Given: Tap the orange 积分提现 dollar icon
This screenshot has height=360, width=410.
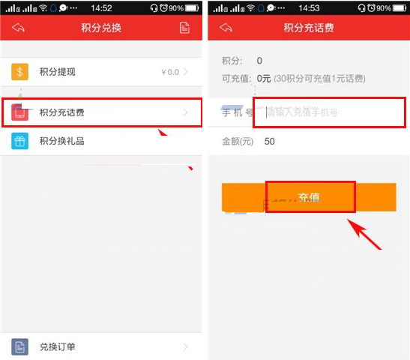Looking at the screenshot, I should coord(19,72).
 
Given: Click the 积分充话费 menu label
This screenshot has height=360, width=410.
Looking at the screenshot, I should coord(62,113).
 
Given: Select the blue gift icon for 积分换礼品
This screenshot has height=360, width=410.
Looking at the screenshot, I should coord(19,141).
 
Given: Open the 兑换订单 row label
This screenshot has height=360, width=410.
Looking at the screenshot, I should coord(58,346).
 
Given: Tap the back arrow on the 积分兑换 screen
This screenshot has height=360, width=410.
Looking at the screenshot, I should coord(18,28).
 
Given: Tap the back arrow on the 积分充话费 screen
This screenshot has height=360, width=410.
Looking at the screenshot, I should coord(226,28).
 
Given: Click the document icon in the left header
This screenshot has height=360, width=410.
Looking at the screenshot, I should coord(184,28).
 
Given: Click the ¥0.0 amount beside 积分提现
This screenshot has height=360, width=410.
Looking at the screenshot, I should coord(169,73).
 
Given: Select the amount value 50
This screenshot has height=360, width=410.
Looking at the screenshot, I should coord(270,141).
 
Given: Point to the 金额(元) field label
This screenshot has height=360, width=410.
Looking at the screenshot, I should coord(238,141).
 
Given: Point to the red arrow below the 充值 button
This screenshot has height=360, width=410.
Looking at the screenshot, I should coord(367,233).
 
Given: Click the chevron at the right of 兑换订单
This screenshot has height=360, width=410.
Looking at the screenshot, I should coord(185,346).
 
